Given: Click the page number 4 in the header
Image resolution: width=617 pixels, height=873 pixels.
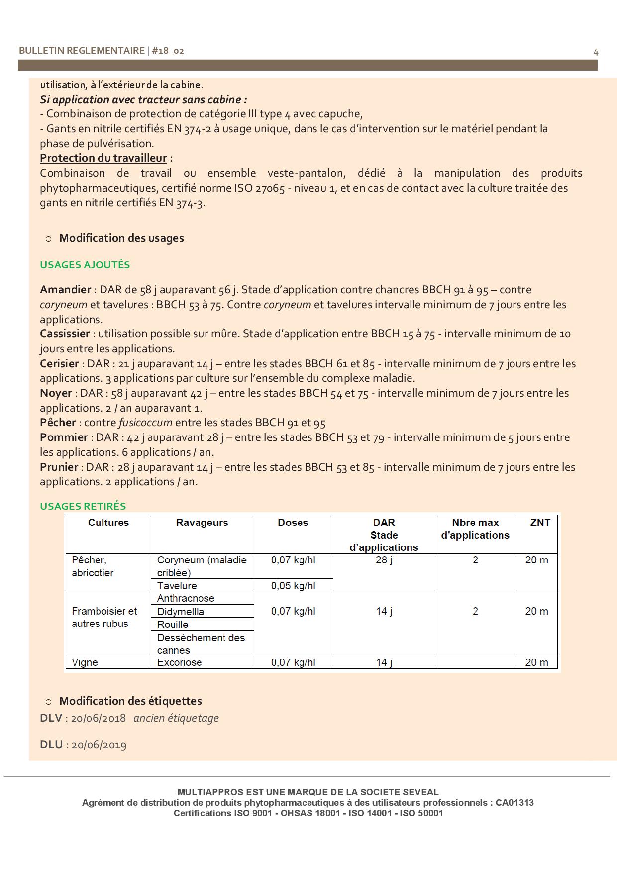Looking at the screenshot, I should pos(596,52).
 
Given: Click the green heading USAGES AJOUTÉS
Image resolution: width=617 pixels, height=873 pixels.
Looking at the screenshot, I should pos(85,265).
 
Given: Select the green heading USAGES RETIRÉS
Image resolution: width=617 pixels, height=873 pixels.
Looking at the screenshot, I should pos(83,506).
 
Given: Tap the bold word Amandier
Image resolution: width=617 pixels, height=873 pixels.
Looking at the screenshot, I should pos(65,290).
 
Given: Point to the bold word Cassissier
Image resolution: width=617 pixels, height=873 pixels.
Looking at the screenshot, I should pos(65,334).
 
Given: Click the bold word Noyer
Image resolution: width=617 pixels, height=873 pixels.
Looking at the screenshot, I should pos(56,393).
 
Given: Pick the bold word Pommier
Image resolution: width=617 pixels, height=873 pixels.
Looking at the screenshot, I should pos(64,437).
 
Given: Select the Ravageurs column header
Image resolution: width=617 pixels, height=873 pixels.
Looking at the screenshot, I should pos(202,523).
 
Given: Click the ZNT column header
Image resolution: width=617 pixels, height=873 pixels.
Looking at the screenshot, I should pos(540,523).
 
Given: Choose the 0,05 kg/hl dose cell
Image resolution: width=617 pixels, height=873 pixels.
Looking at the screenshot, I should pos(293,586).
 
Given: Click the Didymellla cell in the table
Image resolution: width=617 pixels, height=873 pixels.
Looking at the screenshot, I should pos(180,612).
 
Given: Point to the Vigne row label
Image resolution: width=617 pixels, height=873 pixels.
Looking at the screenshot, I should pos(85,663).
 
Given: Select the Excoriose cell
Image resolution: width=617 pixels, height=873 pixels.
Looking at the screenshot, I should pos(179,663).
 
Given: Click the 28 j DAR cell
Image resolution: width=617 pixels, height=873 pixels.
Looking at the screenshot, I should pos(384,560).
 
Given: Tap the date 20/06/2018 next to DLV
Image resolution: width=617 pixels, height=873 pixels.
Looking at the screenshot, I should pos(98,719).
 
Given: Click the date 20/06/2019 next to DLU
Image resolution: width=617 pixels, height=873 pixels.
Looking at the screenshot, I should pos(99,745).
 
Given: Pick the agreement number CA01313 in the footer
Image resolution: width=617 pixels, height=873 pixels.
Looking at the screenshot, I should pos(514,803).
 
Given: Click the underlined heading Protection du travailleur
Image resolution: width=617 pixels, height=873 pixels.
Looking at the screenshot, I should pos(103,158).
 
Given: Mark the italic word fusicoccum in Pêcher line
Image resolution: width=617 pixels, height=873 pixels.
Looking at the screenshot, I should pos(145,423).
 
